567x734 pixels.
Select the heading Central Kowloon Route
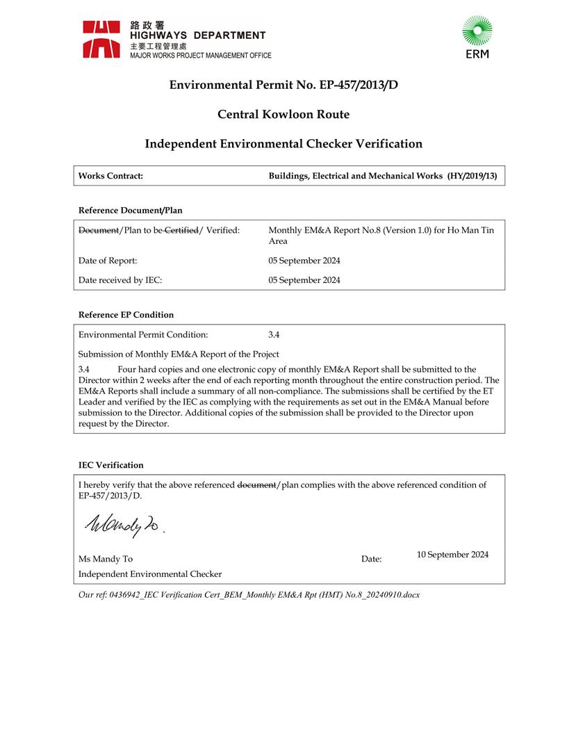point(283,114)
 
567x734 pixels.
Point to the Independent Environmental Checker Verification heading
point(283,144)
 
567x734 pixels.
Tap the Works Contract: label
point(110,176)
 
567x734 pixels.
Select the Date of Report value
point(304,261)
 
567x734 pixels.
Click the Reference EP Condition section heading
point(126,315)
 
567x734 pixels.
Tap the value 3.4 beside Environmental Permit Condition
point(274,334)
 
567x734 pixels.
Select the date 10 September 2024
point(452,555)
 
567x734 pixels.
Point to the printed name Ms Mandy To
point(106,559)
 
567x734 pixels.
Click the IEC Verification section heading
point(111,465)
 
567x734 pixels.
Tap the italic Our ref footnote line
point(249,595)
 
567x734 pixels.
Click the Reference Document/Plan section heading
point(131,210)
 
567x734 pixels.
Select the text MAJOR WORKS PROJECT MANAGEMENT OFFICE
point(201,56)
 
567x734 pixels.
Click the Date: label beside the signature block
point(371,559)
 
